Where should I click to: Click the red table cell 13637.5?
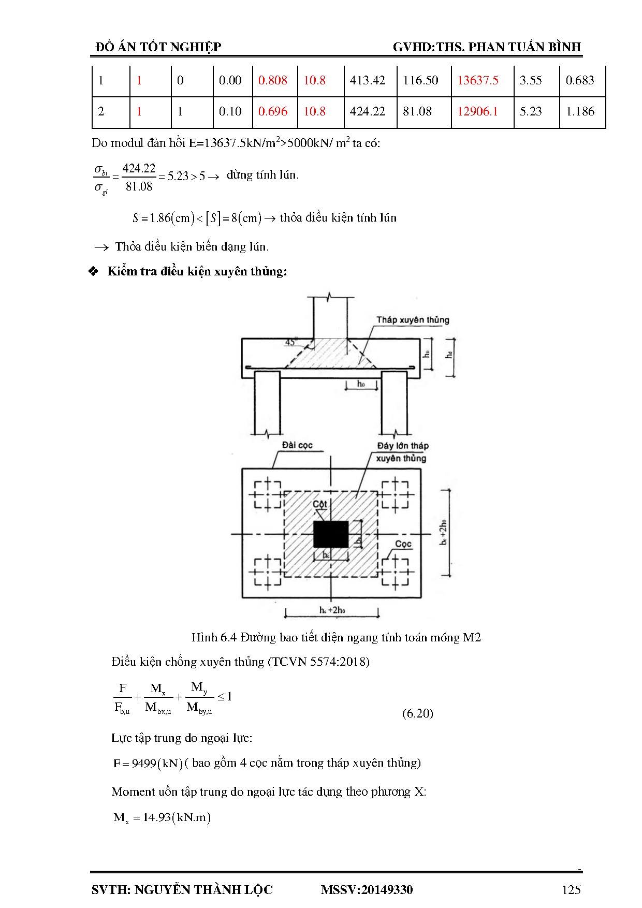(x=477, y=80)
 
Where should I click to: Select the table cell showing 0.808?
(x=273, y=80)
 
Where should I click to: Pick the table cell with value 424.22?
(x=367, y=111)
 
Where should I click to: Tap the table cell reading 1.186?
(x=580, y=111)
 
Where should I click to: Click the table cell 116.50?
(x=420, y=80)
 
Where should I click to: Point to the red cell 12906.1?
(x=477, y=111)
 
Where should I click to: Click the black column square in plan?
(x=331, y=534)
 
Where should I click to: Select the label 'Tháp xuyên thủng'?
(x=413, y=320)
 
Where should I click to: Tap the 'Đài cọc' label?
(x=297, y=445)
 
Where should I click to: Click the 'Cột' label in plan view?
(x=320, y=504)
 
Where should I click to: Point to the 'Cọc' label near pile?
(x=403, y=544)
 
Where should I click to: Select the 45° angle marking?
(x=291, y=342)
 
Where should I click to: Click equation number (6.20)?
(x=417, y=713)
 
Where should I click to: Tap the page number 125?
(x=571, y=889)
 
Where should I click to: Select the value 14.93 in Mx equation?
(x=157, y=817)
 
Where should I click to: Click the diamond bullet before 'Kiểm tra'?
(x=94, y=271)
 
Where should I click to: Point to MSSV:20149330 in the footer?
(x=367, y=889)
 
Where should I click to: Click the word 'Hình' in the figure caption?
(x=204, y=637)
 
